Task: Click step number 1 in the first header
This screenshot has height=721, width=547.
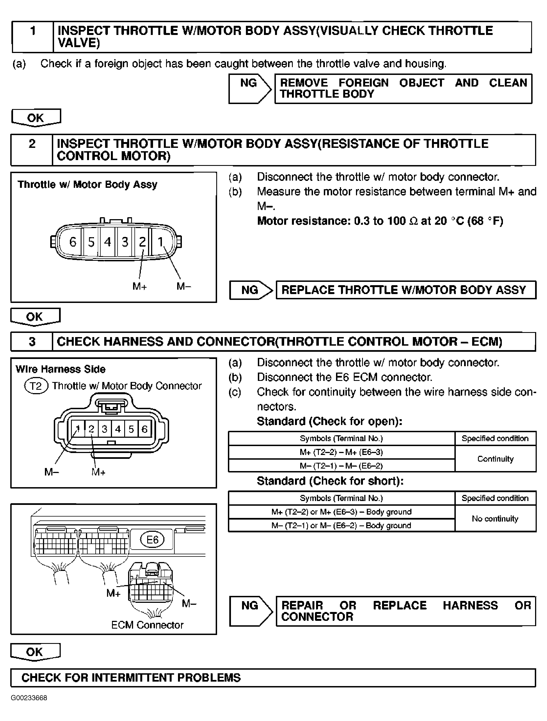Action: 33,31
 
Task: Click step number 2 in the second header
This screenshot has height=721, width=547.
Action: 32,144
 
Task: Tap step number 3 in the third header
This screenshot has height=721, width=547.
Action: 32,341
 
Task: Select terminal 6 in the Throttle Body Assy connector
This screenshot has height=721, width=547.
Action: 73,242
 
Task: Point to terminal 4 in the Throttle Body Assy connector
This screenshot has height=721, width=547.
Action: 108,242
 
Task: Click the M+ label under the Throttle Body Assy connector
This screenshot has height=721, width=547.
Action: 139,287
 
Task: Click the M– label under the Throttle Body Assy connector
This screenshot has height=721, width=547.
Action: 184,287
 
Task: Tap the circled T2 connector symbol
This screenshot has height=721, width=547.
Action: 36,386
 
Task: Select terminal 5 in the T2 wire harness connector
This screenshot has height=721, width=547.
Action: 131,429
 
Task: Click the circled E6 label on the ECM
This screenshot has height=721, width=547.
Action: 152,540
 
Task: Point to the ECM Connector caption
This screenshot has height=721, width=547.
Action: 147,625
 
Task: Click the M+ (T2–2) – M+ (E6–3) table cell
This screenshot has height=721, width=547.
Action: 341,452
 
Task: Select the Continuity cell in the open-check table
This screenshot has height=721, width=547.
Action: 495,459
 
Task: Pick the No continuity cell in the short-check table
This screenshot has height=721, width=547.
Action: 495,518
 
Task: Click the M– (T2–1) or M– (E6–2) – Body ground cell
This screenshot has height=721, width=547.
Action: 341,525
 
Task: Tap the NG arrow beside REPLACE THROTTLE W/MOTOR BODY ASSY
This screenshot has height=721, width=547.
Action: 251,290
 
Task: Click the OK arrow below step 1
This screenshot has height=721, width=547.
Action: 36,118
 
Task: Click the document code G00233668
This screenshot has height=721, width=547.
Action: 29,698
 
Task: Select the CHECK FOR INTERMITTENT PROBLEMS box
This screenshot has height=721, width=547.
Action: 273,678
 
